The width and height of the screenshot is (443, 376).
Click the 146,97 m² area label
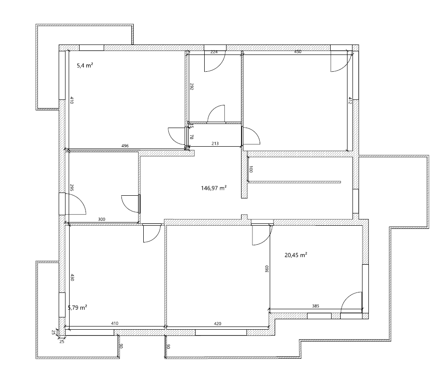214,188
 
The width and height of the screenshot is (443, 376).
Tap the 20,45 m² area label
296,255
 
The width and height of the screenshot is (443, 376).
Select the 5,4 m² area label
85,66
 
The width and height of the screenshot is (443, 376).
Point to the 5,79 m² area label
78,307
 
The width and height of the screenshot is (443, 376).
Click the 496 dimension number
125,146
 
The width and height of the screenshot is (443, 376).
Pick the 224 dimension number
214,52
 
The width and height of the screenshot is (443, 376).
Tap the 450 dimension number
298,52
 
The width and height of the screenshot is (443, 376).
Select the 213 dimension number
215,143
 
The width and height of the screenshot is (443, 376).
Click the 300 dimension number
101,219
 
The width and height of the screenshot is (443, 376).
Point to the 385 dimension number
316,306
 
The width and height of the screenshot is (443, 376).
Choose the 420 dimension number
217,323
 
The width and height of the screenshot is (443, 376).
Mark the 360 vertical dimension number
267,269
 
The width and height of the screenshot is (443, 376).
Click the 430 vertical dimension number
72,277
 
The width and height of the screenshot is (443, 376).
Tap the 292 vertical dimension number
191,86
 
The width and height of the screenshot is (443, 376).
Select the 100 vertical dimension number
251,169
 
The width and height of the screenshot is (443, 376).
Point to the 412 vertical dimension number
350,101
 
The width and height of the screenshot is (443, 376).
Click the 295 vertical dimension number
72,188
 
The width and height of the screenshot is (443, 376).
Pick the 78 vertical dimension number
191,137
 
